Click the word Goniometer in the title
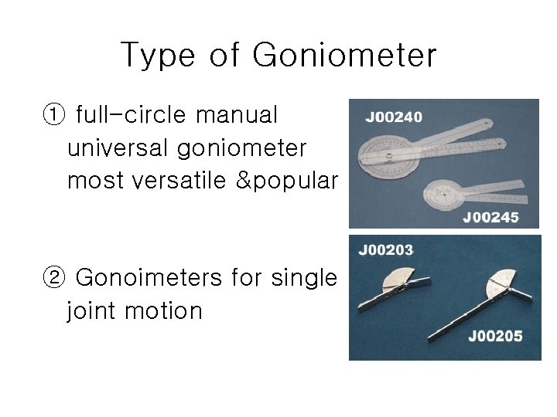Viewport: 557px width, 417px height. coord(344,56)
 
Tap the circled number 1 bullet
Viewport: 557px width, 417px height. coord(53,116)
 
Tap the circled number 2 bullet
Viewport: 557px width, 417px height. coord(53,277)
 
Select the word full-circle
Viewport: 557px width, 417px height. coord(132,116)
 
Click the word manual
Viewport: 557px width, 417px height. coord(236,116)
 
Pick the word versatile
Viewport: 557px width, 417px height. coord(184,180)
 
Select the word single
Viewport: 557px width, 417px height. coord(304,277)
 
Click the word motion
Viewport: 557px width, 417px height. coord(165,310)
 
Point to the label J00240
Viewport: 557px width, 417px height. coord(394,118)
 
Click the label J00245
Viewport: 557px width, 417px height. coord(490,218)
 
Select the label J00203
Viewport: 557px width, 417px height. coord(385,250)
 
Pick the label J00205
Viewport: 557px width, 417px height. coord(495,336)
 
